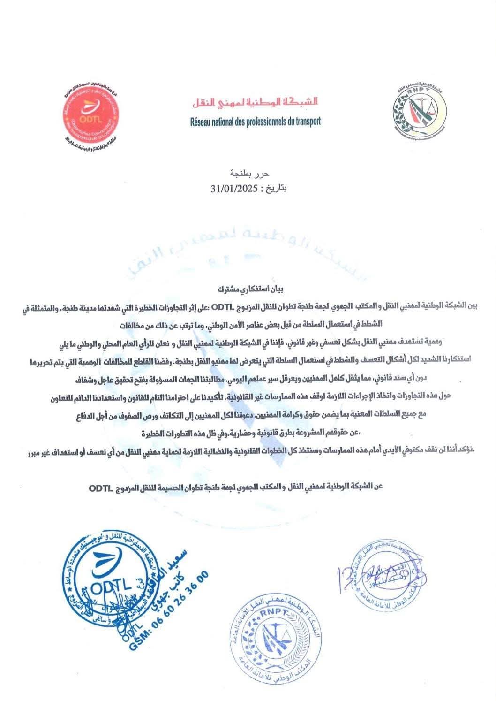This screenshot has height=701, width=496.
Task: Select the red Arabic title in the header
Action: pyautogui.click(x=255, y=101)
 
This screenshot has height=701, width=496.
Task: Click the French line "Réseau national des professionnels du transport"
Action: pyautogui.click(x=255, y=121)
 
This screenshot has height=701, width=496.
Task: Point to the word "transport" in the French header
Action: pyautogui.click(x=306, y=121)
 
